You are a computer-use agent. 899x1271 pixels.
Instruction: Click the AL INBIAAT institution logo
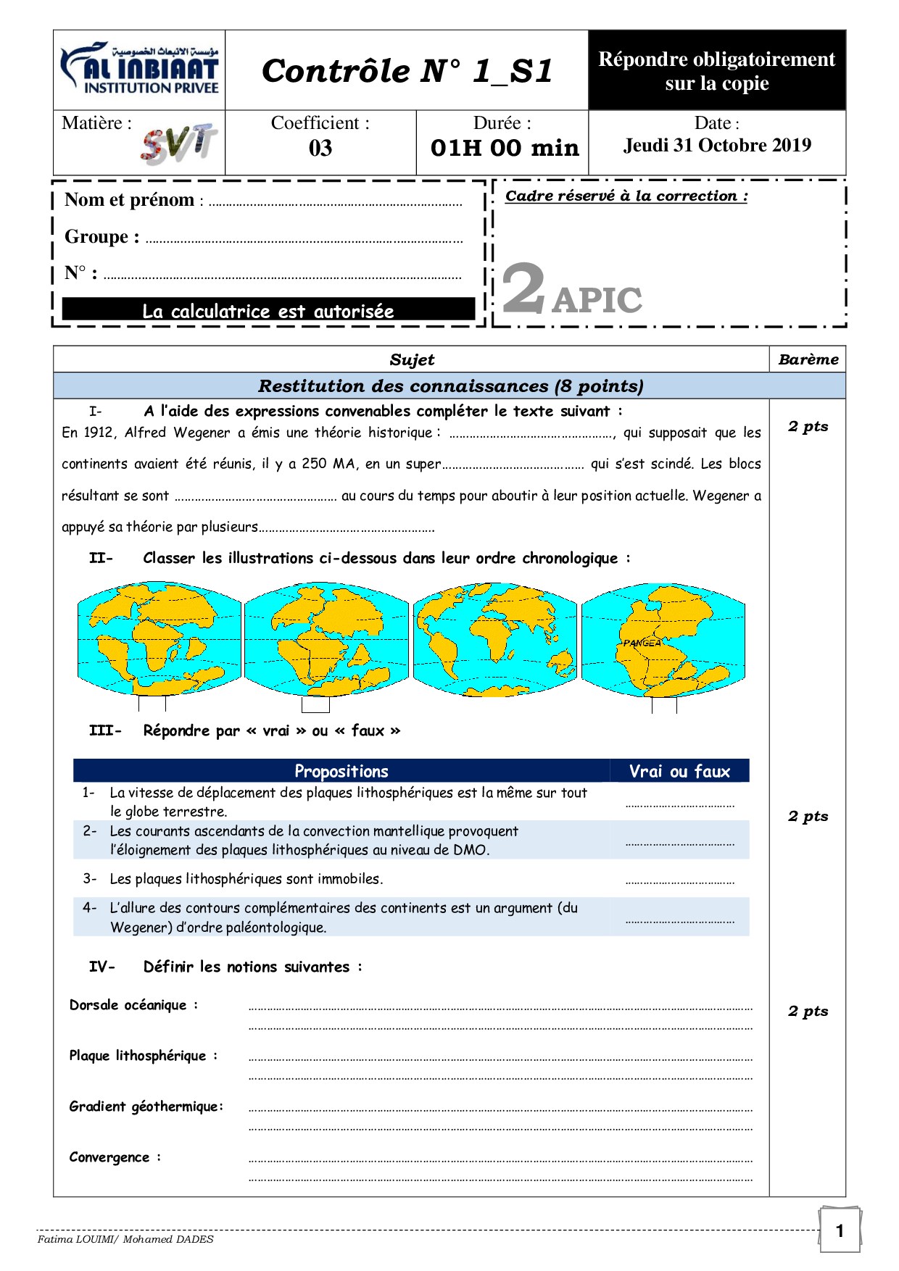pos(139,70)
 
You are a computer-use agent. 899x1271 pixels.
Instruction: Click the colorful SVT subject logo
pos(178,143)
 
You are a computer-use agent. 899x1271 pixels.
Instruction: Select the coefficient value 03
pos(320,148)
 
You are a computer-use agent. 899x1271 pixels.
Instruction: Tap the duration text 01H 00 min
pos(505,148)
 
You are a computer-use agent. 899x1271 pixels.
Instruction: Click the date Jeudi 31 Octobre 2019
pos(717,146)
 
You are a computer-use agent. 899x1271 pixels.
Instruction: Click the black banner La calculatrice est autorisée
pos(268,310)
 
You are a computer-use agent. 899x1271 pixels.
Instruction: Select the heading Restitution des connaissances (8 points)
pos(450,386)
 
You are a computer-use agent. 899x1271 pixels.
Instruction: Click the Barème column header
pos(808,359)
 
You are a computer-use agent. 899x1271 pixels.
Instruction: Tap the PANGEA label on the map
pos(642,643)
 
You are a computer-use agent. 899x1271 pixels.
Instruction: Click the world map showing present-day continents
pos(495,639)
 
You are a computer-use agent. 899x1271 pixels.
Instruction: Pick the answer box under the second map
pos(315,704)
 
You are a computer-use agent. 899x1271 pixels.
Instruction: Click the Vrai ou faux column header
pos(679,771)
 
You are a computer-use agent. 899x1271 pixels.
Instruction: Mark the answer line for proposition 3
pos(679,880)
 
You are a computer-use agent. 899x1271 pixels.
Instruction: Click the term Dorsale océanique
pos(128,1005)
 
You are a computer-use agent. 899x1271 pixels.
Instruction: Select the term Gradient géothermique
pos(145,1107)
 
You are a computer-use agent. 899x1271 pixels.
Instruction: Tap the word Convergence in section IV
pos(109,1157)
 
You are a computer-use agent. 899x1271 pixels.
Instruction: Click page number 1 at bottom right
pos(840,1230)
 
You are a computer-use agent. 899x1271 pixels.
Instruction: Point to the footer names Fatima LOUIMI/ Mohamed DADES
pos(125,1239)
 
